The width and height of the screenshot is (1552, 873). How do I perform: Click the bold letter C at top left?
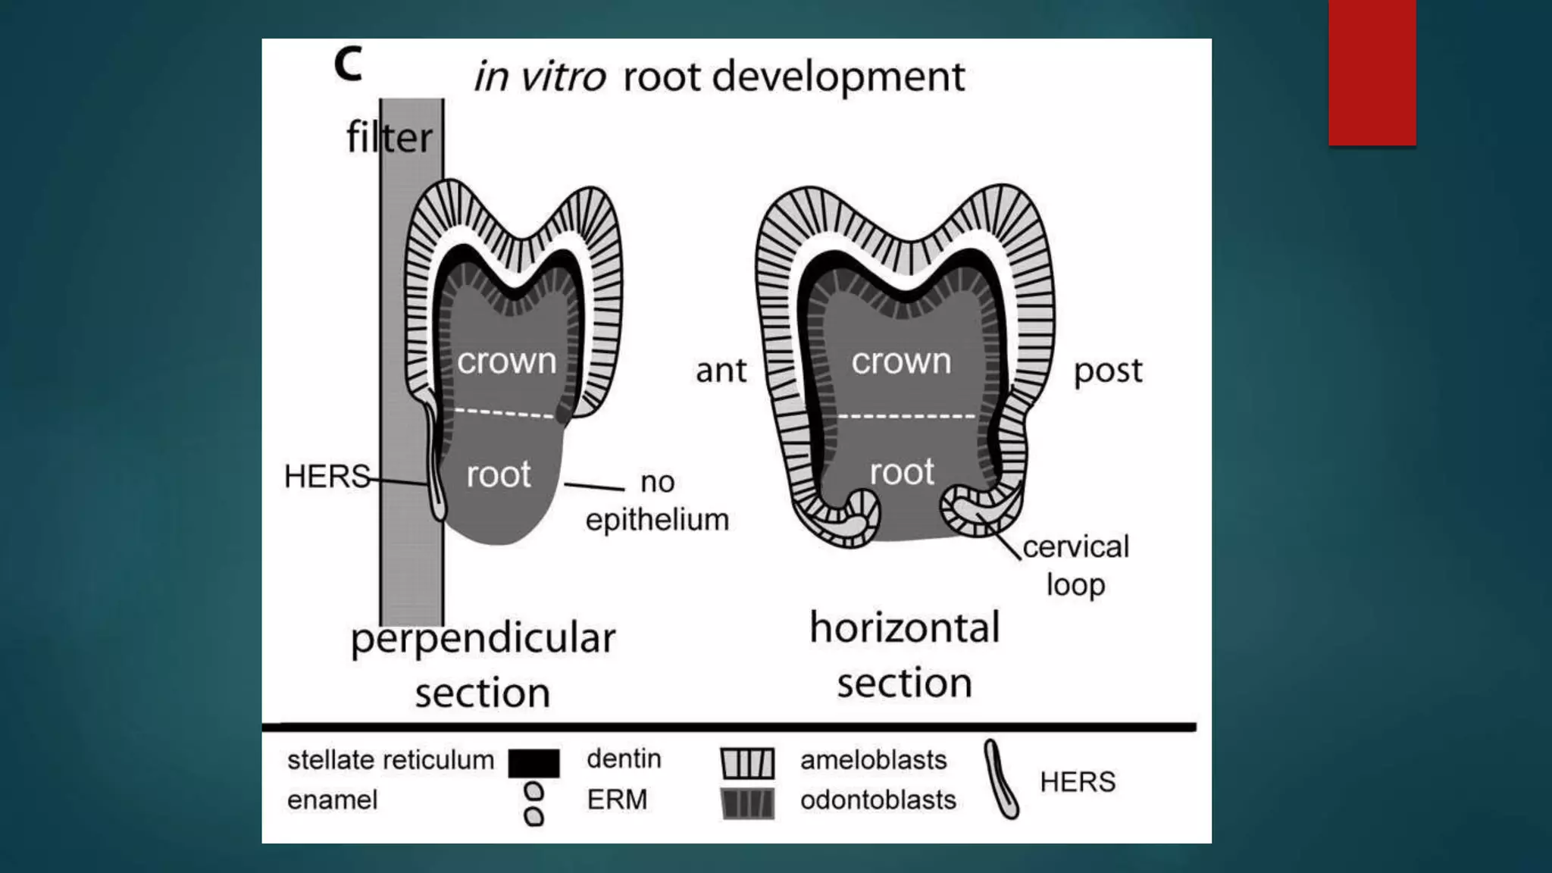tap(348, 64)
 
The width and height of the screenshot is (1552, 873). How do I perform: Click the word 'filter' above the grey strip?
tap(389, 138)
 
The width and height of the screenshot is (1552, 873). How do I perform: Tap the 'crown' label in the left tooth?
tap(506, 361)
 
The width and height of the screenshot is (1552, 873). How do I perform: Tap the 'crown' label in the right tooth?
tap(901, 361)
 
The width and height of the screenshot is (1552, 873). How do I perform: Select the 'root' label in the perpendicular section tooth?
tap(498, 474)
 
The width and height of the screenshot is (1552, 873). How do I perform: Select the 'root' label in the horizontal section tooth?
tap(902, 471)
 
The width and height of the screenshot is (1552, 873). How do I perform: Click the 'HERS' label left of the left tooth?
tap(327, 477)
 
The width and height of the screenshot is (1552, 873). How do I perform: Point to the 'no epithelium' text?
tap(657, 501)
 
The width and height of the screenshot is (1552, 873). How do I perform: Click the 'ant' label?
tap(721, 371)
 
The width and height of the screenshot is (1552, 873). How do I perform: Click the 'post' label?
tap(1107, 371)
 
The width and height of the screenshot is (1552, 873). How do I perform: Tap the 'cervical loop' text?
tap(1075, 565)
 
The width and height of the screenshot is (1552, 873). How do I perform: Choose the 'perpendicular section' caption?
tap(483, 665)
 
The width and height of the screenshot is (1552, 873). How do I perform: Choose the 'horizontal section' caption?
tap(905, 655)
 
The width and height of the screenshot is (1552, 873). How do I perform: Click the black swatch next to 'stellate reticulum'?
tap(533, 763)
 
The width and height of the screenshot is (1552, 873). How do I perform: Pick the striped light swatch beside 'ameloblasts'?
tap(747, 763)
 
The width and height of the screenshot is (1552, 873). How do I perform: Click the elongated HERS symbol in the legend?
tap(1001, 780)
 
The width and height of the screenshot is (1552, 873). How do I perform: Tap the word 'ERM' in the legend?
tap(617, 799)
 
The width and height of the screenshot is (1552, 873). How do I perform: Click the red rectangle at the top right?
tap(1372, 72)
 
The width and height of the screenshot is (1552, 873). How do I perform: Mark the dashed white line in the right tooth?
tap(906, 416)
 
